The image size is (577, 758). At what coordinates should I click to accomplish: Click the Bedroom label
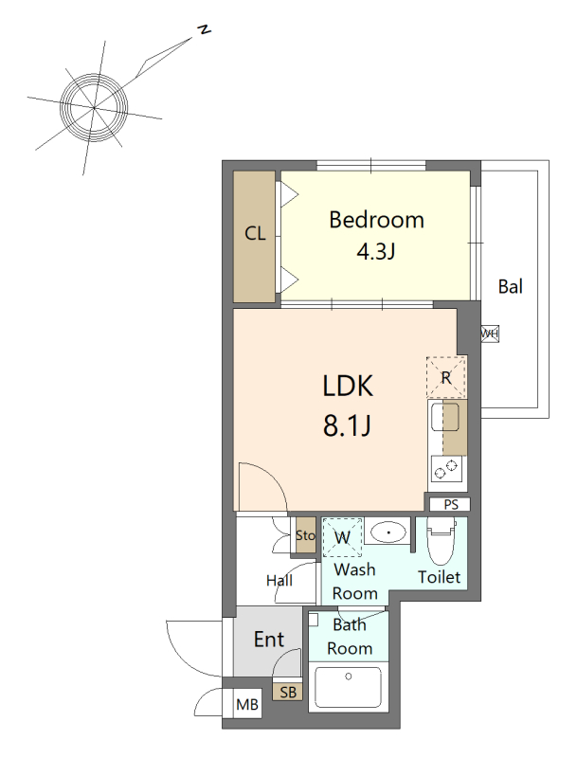pos(376,220)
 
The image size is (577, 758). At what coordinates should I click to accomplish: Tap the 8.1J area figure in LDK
pos(347,425)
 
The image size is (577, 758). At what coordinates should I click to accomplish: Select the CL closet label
pos(255,234)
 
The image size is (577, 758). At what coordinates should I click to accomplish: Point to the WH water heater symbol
pos(490,334)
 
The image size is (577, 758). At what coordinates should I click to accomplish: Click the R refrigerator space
pos(446,377)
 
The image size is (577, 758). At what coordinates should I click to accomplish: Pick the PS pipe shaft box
pos(450,505)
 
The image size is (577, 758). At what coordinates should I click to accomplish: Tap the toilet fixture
pos(441,540)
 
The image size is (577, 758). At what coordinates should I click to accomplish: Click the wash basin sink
pos(388,532)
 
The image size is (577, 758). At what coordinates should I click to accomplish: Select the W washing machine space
pos(342,537)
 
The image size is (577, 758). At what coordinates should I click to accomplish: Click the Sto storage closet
pos(305,535)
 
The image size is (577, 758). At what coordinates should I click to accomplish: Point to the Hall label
pos(279,580)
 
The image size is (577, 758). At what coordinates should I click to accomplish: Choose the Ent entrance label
pos(269,640)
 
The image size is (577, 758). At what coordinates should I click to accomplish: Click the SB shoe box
pos(288,693)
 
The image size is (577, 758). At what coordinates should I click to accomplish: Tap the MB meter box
pos(247,705)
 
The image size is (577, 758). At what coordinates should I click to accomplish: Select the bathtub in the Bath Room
pos(348,687)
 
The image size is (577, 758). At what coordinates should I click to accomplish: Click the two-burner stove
pos(446,470)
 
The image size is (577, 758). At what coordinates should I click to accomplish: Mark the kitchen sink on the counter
pos(445,417)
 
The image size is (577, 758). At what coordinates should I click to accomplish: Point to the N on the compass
pos(205,30)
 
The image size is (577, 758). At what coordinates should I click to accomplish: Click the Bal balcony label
pos(511,287)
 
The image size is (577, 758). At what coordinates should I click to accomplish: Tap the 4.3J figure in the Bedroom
pos(376,251)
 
